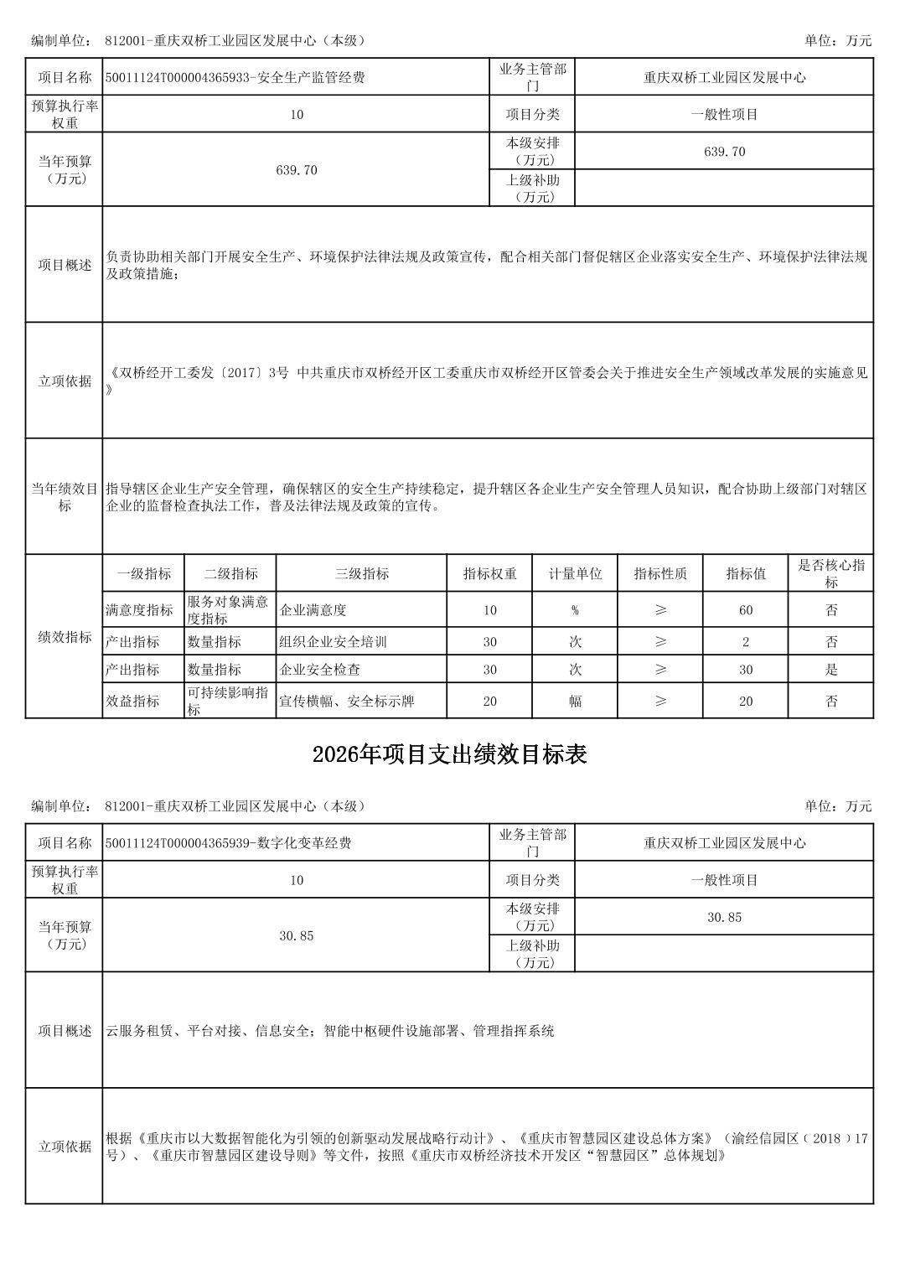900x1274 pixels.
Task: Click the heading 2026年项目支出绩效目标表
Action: pos(449,754)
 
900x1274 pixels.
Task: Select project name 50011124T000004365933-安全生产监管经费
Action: pos(235,78)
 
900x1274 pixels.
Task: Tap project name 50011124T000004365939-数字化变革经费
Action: pos(229,843)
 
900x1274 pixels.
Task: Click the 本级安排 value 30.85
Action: pos(724,917)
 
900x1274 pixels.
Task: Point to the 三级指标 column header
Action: pos(361,574)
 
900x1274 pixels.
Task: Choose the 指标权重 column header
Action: pos(489,574)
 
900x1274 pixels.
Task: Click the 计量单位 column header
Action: pos(575,574)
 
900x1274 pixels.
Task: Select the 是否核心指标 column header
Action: pos(830,574)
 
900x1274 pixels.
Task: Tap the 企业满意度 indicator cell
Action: pos(313,610)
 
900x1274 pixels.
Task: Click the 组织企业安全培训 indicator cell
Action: pos(333,642)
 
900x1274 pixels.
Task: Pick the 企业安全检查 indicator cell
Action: pos(319,670)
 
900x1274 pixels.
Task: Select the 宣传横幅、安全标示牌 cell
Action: pos(346,702)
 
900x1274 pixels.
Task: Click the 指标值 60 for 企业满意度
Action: pos(745,610)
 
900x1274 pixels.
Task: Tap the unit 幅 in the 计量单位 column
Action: pos(575,702)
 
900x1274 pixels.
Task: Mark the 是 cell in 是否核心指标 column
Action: pos(830,670)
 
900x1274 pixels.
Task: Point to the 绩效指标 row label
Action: pos(65,637)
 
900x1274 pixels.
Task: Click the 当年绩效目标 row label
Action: pos(65,497)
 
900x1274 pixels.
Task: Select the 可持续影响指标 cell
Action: pos(227,702)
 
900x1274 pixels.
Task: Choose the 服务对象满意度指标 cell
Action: pos(227,610)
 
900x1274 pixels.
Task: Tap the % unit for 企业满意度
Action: pos(575,610)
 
